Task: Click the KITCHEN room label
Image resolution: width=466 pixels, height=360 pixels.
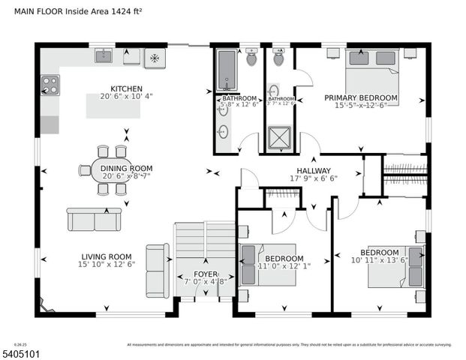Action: coord(126,88)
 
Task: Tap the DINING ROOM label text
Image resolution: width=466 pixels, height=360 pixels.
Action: coord(126,169)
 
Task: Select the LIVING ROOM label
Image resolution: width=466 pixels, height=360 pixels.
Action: coord(105,256)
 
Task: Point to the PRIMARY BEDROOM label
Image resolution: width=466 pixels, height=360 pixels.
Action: coord(361,98)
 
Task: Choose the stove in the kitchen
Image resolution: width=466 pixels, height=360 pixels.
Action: coord(50,85)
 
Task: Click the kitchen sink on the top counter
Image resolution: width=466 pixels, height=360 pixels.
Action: coord(103,56)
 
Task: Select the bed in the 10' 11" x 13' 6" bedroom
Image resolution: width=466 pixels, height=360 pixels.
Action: coord(395,271)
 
